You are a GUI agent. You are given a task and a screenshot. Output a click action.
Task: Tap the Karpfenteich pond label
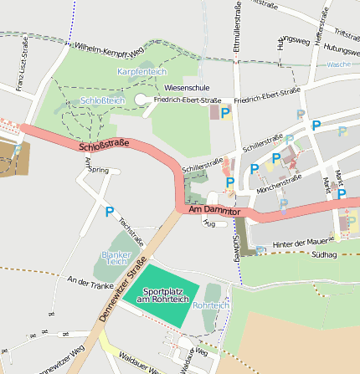point(142,72)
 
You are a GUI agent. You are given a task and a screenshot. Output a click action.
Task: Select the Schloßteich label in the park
point(103,100)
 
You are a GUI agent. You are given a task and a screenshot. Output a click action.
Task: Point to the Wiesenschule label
point(188,87)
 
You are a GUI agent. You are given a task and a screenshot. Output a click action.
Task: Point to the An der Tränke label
point(90,283)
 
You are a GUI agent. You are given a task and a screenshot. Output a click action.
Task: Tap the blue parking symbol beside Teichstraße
point(109,213)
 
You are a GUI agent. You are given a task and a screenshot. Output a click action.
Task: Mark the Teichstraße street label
point(131,232)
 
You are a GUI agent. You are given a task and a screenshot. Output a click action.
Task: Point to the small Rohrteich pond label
point(210,305)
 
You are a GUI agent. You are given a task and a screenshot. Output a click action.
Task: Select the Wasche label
point(338,64)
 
